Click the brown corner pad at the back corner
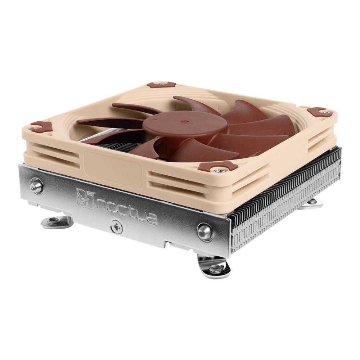coord(161,85)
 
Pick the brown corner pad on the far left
coord(41,126)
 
